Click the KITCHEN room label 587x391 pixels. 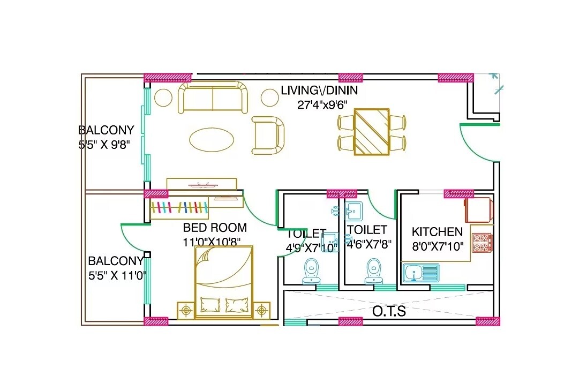[x=437, y=232]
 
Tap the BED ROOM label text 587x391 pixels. [x=215, y=227]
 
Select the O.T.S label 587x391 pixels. [x=389, y=311]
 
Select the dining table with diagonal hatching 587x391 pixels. [x=372, y=132]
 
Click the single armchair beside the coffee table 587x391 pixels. [x=268, y=136]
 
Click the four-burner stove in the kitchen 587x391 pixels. [x=482, y=243]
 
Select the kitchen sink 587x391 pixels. [x=420, y=273]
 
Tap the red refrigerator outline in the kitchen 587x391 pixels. [x=478, y=210]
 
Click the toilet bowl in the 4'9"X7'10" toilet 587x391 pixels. [x=311, y=271]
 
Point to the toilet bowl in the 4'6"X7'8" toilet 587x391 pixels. [x=373, y=271]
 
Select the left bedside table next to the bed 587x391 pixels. [x=186, y=310]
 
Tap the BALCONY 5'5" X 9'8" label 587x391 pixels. [x=106, y=137]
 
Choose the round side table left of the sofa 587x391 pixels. [x=163, y=97]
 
